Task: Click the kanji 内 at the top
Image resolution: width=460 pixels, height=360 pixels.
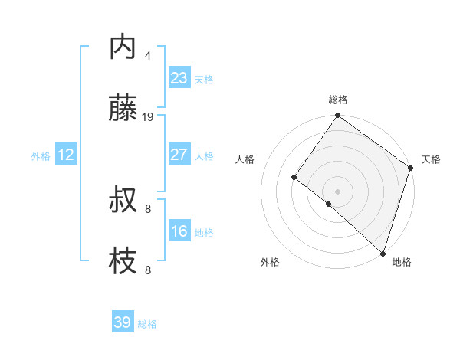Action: (x=123, y=48)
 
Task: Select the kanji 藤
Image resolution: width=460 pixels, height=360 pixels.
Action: (x=123, y=110)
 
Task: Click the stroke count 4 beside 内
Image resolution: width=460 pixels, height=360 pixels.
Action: (x=148, y=55)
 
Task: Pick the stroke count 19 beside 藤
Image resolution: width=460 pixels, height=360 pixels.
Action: (x=148, y=116)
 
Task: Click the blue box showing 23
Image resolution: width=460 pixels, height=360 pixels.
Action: (x=179, y=78)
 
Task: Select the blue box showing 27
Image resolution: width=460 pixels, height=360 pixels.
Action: (x=179, y=155)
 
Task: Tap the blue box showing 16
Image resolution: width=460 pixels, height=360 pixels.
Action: (x=179, y=231)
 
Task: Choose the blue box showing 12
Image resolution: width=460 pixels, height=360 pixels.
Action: (x=66, y=155)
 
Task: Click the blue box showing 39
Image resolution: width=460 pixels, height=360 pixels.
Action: (x=123, y=322)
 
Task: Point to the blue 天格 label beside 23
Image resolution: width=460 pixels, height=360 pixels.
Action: (x=204, y=79)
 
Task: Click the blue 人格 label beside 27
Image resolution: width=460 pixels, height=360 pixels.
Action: (x=204, y=155)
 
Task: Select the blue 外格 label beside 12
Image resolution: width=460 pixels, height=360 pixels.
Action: (x=41, y=155)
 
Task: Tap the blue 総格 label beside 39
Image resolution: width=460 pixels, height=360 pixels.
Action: (x=147, y=323)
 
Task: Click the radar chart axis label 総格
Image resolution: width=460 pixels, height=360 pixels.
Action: (x=338, y=100)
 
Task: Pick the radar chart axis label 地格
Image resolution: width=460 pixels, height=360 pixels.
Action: (x=402, y=262)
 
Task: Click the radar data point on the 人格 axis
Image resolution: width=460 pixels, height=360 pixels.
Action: (x=294, y=178)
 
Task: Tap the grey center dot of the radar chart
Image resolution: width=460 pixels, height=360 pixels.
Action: (x=338, y=191)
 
